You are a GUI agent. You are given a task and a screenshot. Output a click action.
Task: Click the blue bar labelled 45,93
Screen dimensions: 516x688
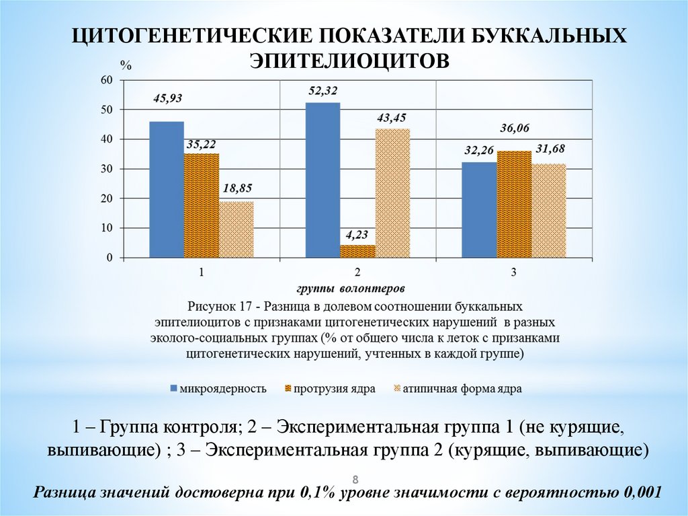pos(166,189)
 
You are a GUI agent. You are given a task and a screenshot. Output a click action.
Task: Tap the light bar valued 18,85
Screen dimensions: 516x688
pos(236,229)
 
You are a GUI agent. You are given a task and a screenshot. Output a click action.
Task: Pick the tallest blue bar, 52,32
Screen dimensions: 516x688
pos(322,180)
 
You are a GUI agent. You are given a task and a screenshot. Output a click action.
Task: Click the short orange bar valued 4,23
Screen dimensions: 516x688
pos(357,251)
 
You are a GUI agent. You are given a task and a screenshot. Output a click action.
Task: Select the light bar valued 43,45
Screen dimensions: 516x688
pos(392,193)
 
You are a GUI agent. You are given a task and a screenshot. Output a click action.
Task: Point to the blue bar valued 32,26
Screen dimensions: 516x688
pos(479,209)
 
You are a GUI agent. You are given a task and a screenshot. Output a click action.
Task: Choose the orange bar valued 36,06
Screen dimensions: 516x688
pos(514,204)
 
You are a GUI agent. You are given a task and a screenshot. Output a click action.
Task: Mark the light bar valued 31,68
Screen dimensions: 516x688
pos(549,211)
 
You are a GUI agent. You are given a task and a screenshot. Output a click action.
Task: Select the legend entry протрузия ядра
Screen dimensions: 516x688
pos(329,388)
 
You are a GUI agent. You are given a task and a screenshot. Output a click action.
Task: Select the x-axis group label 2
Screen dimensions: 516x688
pos(357,272)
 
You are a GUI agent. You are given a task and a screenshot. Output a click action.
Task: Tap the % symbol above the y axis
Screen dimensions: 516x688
pos(126,65)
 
